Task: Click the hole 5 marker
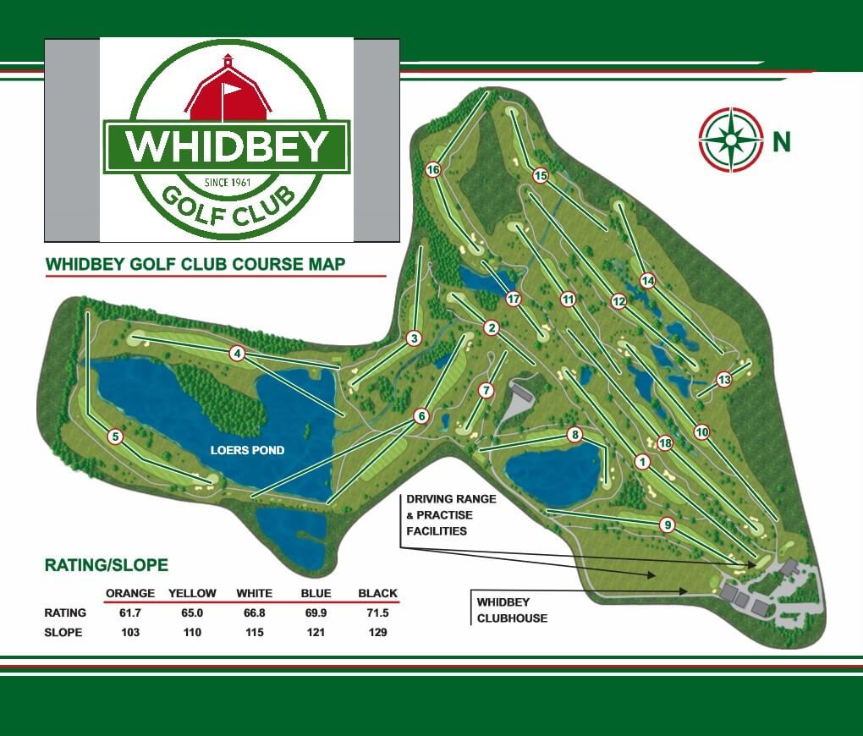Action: (x=116, y=437)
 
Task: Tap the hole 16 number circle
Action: (x=433, y=170)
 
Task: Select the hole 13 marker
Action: (x=723, y=380)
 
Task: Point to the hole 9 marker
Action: (x=668, y=525)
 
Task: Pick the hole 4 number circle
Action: (x=238, y=354)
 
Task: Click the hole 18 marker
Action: (x=664, y=443)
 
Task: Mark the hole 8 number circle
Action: (x=575, y=435)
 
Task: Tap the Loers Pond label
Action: (x=247, y=450)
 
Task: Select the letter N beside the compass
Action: (x=781, y=140)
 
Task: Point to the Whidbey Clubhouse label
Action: (x=512, y=610)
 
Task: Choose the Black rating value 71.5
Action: (x=377, y=612)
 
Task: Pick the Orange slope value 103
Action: (x=129, y=632)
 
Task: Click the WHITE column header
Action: (x=254, y=593)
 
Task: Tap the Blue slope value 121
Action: (x=316, y=632)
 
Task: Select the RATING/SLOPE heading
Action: (x=107, y=564)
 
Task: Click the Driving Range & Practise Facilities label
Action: (x=450, y=515)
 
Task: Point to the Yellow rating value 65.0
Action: (x=192, y=612)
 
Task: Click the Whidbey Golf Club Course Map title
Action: (x=195, y=264)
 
